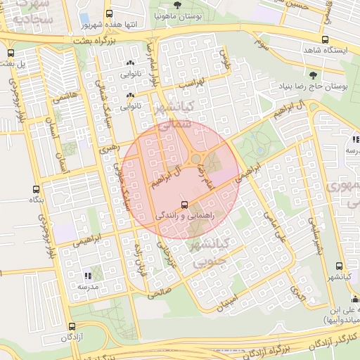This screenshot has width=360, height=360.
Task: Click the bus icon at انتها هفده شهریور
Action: pyautogui.click(x=108, y=13)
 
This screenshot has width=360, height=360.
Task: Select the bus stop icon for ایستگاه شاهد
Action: pyautogui.click(x=324, y=39)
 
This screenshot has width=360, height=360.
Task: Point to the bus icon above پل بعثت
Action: pyautogui.click(x=10, y=53)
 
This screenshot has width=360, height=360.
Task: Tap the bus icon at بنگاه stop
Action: pyautogui.click(x=36, y=189)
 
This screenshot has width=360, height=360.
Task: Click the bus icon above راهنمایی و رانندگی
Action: pyautogui.click(x=184, y=205)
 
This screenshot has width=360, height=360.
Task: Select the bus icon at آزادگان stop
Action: pyautogui.click(x=72, y=326)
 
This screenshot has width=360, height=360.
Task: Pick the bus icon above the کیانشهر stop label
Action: pyautogui.click(x=340, y=266)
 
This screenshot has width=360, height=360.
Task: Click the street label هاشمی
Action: pyautogui.click(x=62, y=103)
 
